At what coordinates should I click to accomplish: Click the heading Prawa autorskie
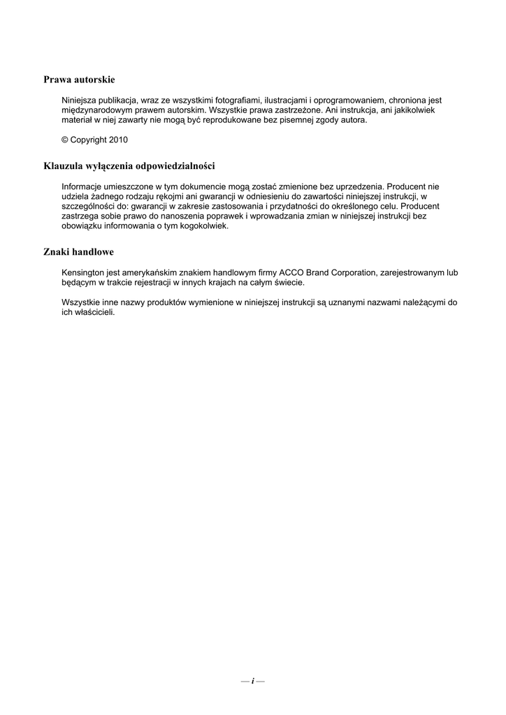tap(79, 80)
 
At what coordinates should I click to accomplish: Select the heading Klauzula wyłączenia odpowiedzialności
tap(129, 166)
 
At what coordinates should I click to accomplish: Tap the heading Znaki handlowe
tap(79, 251)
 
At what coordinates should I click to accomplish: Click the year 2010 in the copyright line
tap(118, 140)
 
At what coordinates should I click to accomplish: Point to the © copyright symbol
tap(65, 140)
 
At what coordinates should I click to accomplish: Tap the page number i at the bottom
tap(252, 680)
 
